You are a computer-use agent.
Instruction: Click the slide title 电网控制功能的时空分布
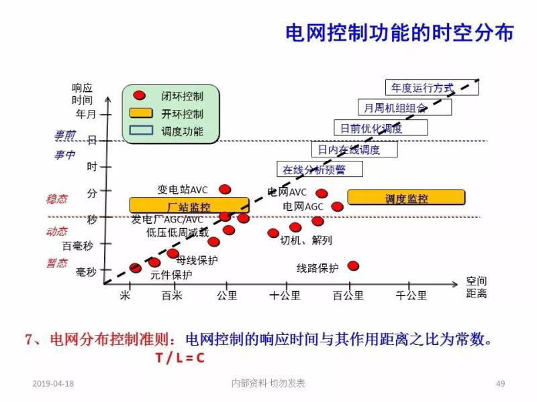click(400, 33)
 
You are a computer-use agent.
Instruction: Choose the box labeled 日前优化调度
click(371, 128)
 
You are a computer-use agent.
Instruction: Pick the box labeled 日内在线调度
click(354, 149)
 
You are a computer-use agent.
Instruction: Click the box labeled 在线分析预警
click(320, 170)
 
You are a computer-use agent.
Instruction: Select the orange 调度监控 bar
click(406, 198)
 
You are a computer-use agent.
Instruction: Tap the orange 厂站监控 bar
click(189, 205)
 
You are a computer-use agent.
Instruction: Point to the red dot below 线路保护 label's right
click(353, 266)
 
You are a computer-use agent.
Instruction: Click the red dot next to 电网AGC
click(337, 206)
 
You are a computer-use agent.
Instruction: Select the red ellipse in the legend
click(140, 96)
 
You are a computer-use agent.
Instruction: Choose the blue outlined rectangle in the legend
click(140, 131)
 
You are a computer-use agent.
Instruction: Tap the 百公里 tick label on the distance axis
click(348, 295)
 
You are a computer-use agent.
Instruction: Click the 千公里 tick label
click(411, 295)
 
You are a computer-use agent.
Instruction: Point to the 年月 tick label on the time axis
click(87, 114)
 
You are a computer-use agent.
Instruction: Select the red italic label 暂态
click(57, 263)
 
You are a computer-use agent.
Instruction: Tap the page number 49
click(500, 383)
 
